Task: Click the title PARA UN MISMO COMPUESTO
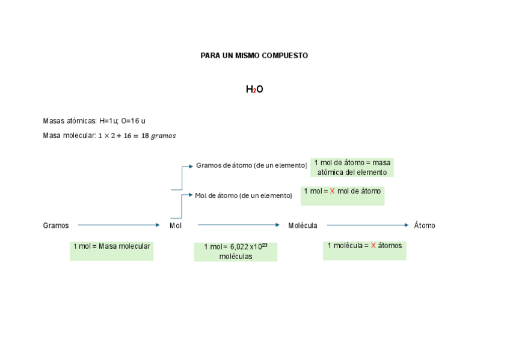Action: click(x=254, y=55)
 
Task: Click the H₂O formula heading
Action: click(x=254, y=90)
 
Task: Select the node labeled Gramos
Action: click(x=56, y=225)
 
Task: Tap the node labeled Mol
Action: click(x=175, y=225)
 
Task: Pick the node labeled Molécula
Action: click(x=303, y=225)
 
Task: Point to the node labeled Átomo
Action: click(x=425, y=225)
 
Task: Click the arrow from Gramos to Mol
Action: click(x=118, y=225)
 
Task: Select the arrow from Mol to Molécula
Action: click(x=238, y=225)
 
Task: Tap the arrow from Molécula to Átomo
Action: click(x=367, y=225)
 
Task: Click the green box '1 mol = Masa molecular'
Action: click(x=111, y=251)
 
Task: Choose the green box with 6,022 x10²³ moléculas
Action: click(x=235, y=252)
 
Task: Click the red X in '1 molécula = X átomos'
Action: click(x=373, y=246)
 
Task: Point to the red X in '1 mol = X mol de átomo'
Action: click(x=332, y=191)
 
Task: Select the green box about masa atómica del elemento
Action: click(x=352, y=167)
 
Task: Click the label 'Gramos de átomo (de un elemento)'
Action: click(x=251, y=165)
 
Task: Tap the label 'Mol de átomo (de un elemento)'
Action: click(x=244, y=195)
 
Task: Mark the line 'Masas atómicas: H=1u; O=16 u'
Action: click(x=94, y=121)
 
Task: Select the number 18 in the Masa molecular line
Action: click(x=145, y=136)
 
